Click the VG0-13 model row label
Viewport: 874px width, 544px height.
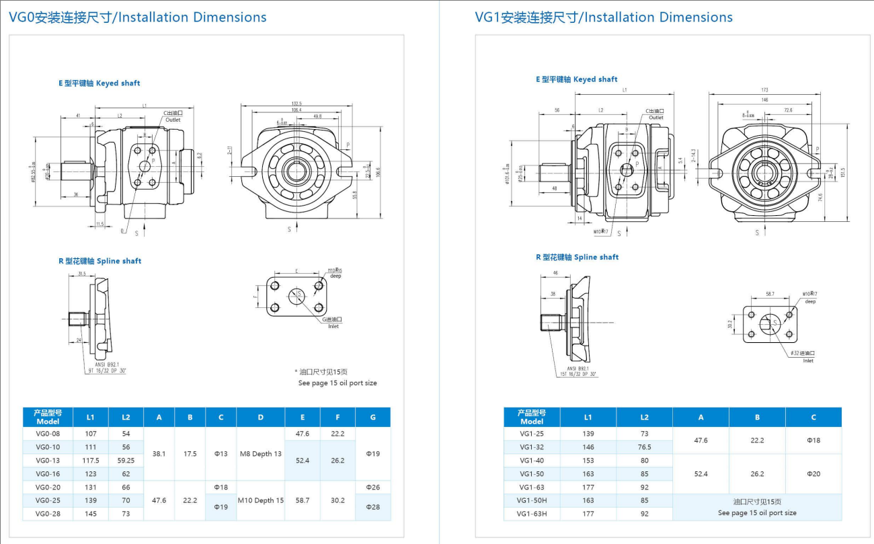click(48, 461)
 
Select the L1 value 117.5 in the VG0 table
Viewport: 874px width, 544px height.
click(91, 461)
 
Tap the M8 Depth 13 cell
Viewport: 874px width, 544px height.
click(260, 454)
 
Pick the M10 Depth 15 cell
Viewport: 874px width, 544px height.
click(260, 500)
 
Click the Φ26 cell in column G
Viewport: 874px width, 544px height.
click(372, 487)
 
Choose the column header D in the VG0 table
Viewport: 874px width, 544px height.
click(260, 417)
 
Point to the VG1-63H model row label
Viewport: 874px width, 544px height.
click(532, 514)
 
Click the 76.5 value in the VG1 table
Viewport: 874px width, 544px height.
click(644, 447)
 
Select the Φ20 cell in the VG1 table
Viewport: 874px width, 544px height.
click(813, 474)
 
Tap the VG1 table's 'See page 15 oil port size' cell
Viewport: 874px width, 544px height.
click(757, 508)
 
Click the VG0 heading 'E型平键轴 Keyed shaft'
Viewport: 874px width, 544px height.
click(99, 83)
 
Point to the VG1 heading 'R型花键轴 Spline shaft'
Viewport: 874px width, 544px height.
click(577, 258)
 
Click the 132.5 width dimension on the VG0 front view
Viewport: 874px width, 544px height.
click(296, 104)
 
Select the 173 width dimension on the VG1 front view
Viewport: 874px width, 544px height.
click(764, 90)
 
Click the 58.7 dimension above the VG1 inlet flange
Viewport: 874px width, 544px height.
click(770, 295)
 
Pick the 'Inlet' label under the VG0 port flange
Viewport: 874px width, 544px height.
click(333, 326)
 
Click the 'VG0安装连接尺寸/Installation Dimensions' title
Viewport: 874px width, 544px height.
click(138, 17)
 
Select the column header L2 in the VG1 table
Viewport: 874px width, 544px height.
click(644, 417)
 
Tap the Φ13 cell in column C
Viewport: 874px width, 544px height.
click(221, 454)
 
